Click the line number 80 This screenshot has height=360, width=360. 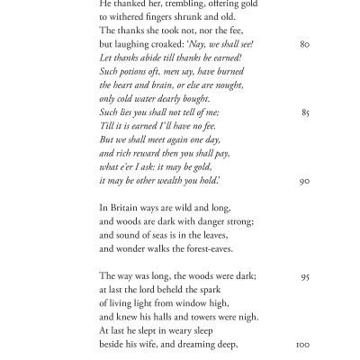pos(304,43)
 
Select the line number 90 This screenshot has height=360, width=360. pos(304,181)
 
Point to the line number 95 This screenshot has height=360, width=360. pos(304,276)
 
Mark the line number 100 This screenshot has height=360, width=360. pos(302,345)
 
